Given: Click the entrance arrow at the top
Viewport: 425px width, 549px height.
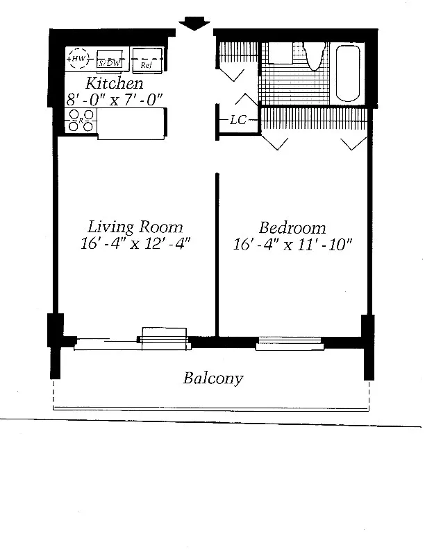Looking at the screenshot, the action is coord(194,24).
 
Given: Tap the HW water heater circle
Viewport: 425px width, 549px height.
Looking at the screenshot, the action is coord(78,58).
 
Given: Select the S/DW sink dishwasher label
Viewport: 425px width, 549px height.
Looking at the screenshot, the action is coord(109,63).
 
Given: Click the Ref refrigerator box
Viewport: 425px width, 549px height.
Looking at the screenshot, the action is coord(147,60).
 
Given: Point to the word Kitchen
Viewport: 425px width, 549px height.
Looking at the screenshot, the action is coord(115,83).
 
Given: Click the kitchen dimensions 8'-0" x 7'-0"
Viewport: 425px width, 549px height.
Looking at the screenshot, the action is coord(115,100).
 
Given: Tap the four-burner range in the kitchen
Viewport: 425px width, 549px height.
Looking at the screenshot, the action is coord(81,121).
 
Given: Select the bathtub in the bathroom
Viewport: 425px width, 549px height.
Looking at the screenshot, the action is coord(348,73).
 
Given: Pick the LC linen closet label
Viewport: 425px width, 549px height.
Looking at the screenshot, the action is coord(238,120).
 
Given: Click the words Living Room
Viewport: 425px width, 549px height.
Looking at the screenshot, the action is coord(135,227).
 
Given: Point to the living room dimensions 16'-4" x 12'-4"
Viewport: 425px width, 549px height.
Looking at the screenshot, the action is coord(135,243).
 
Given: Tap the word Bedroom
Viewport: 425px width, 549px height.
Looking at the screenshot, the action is coord(292,228).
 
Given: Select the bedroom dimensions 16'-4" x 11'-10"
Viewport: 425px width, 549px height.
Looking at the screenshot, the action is coord(292,245).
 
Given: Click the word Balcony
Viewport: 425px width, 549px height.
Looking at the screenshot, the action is coord(213,378).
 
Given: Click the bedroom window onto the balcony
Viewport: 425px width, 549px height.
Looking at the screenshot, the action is coord(290,343).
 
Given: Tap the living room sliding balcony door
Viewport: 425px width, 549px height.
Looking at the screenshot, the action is coord(133,342).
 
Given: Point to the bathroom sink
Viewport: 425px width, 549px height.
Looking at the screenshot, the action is coord(281,53).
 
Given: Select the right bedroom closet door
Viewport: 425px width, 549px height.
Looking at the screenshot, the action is coord(354,144).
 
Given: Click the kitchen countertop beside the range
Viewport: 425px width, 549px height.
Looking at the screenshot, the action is coord(131,124).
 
